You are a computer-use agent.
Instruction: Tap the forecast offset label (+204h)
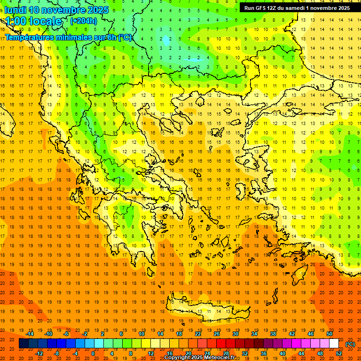pos(84,21)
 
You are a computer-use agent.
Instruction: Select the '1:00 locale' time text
pos(34,21)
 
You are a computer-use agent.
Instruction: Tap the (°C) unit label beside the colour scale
pos(350,344)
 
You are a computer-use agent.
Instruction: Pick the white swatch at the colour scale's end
pos(334,344)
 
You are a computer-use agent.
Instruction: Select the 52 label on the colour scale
pos(339,353)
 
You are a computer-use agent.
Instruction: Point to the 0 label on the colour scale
pos(93,353)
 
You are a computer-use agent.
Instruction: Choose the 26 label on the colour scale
pos(217,334)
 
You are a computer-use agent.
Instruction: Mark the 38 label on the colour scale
pos(273,334)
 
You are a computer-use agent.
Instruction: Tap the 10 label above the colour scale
pos(141,334)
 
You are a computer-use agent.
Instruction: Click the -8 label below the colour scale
pos(56,353)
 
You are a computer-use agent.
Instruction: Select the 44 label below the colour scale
pos(301,353)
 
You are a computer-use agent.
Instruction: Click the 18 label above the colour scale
pos(179,334)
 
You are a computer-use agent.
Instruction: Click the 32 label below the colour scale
pos(245,353)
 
